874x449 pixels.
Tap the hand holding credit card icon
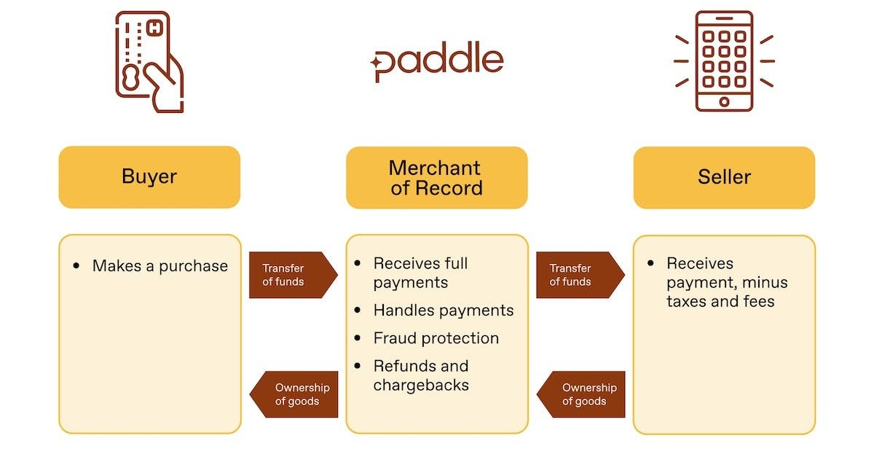pyautogui.click(x=149, y=62)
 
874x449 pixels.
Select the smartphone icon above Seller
pyautogui.click(x=724, y=61)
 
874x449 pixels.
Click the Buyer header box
pyautogui.click(x=149, y=177)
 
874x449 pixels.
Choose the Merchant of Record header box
pyautogui.click(x=436, y=178)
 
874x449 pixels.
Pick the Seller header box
pyautogui.click(x=724, y=177)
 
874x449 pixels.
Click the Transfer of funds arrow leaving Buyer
pyautogui.click(x=292, y=275)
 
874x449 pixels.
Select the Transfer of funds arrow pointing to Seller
pyautogui.click(x=579, y=275)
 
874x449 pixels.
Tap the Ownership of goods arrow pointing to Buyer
pyautogui.click(x=295, y=394)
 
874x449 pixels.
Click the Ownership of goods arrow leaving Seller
pyautogui.click(x=582, y=394)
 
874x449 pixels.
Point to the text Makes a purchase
pyautogui.click(x=160, y=266)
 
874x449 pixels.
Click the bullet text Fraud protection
pyautogui.click(x=436, y=338)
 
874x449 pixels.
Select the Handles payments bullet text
pyautogui.click(x=443, y=311)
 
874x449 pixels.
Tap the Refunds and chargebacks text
pyautogui.click(x=421, y=375)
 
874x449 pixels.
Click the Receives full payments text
pyautogui.click(x=420, y=273)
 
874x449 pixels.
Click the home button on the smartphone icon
pyautogui.click(x=724, y=101)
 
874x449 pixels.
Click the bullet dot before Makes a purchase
pyautogui.click(x=77, y=266)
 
